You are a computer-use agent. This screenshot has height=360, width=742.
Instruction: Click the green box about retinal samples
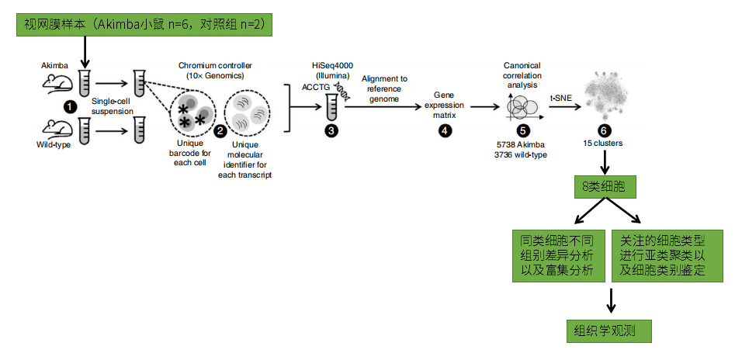click(144, 25)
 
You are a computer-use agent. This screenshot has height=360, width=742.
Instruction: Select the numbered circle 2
click(220, 131)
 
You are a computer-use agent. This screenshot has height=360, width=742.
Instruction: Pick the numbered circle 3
click(331, 130)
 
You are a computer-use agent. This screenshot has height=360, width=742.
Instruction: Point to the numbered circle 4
click(444, 130)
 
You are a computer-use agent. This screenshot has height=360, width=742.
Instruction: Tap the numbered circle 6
click(604, 130)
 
